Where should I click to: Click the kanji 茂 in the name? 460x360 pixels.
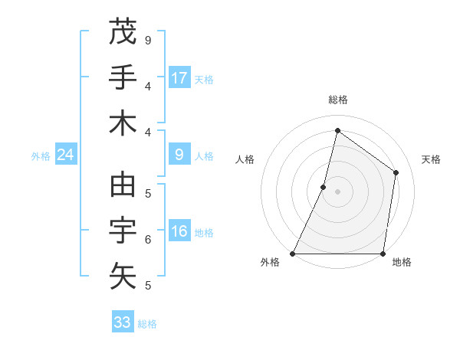[123, 32]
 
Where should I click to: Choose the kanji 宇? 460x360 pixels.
[123, 231]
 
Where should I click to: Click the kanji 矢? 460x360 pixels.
[123, 276]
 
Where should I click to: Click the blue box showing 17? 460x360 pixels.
[179, 77]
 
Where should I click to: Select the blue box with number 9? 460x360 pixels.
[179, 155]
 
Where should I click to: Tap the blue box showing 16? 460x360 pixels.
[179, 231]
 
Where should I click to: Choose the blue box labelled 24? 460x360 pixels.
[66, 155]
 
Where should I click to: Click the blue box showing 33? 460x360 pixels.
[123, 322]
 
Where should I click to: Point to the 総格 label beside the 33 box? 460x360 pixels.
[147, 324]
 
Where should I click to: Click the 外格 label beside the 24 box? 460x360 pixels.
[41, 156]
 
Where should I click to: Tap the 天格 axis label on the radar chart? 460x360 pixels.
[431, 159]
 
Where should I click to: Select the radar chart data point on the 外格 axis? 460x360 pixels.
[293, 254]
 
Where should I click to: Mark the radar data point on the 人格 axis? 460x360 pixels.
[324, 187]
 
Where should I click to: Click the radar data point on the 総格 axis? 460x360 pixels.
[337, 130]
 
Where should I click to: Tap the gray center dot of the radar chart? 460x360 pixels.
[338, 191]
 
